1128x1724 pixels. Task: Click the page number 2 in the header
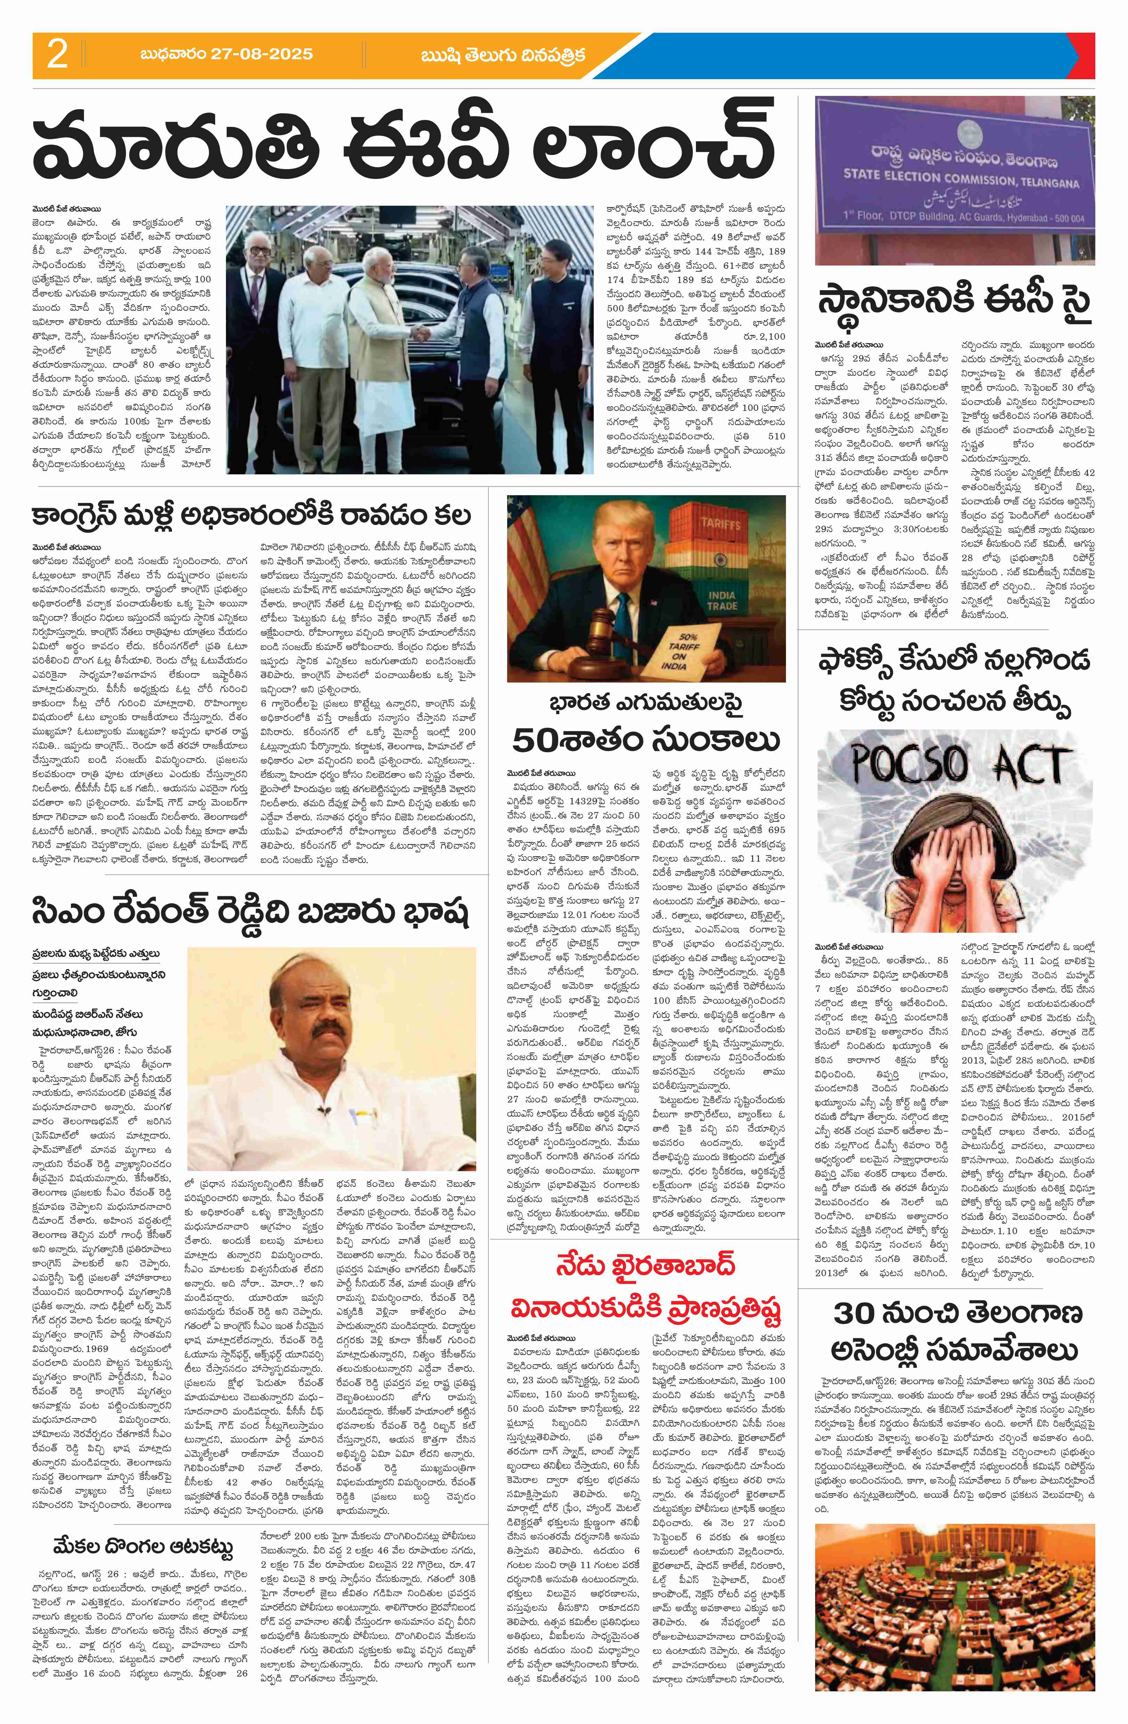pos(57,55)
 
